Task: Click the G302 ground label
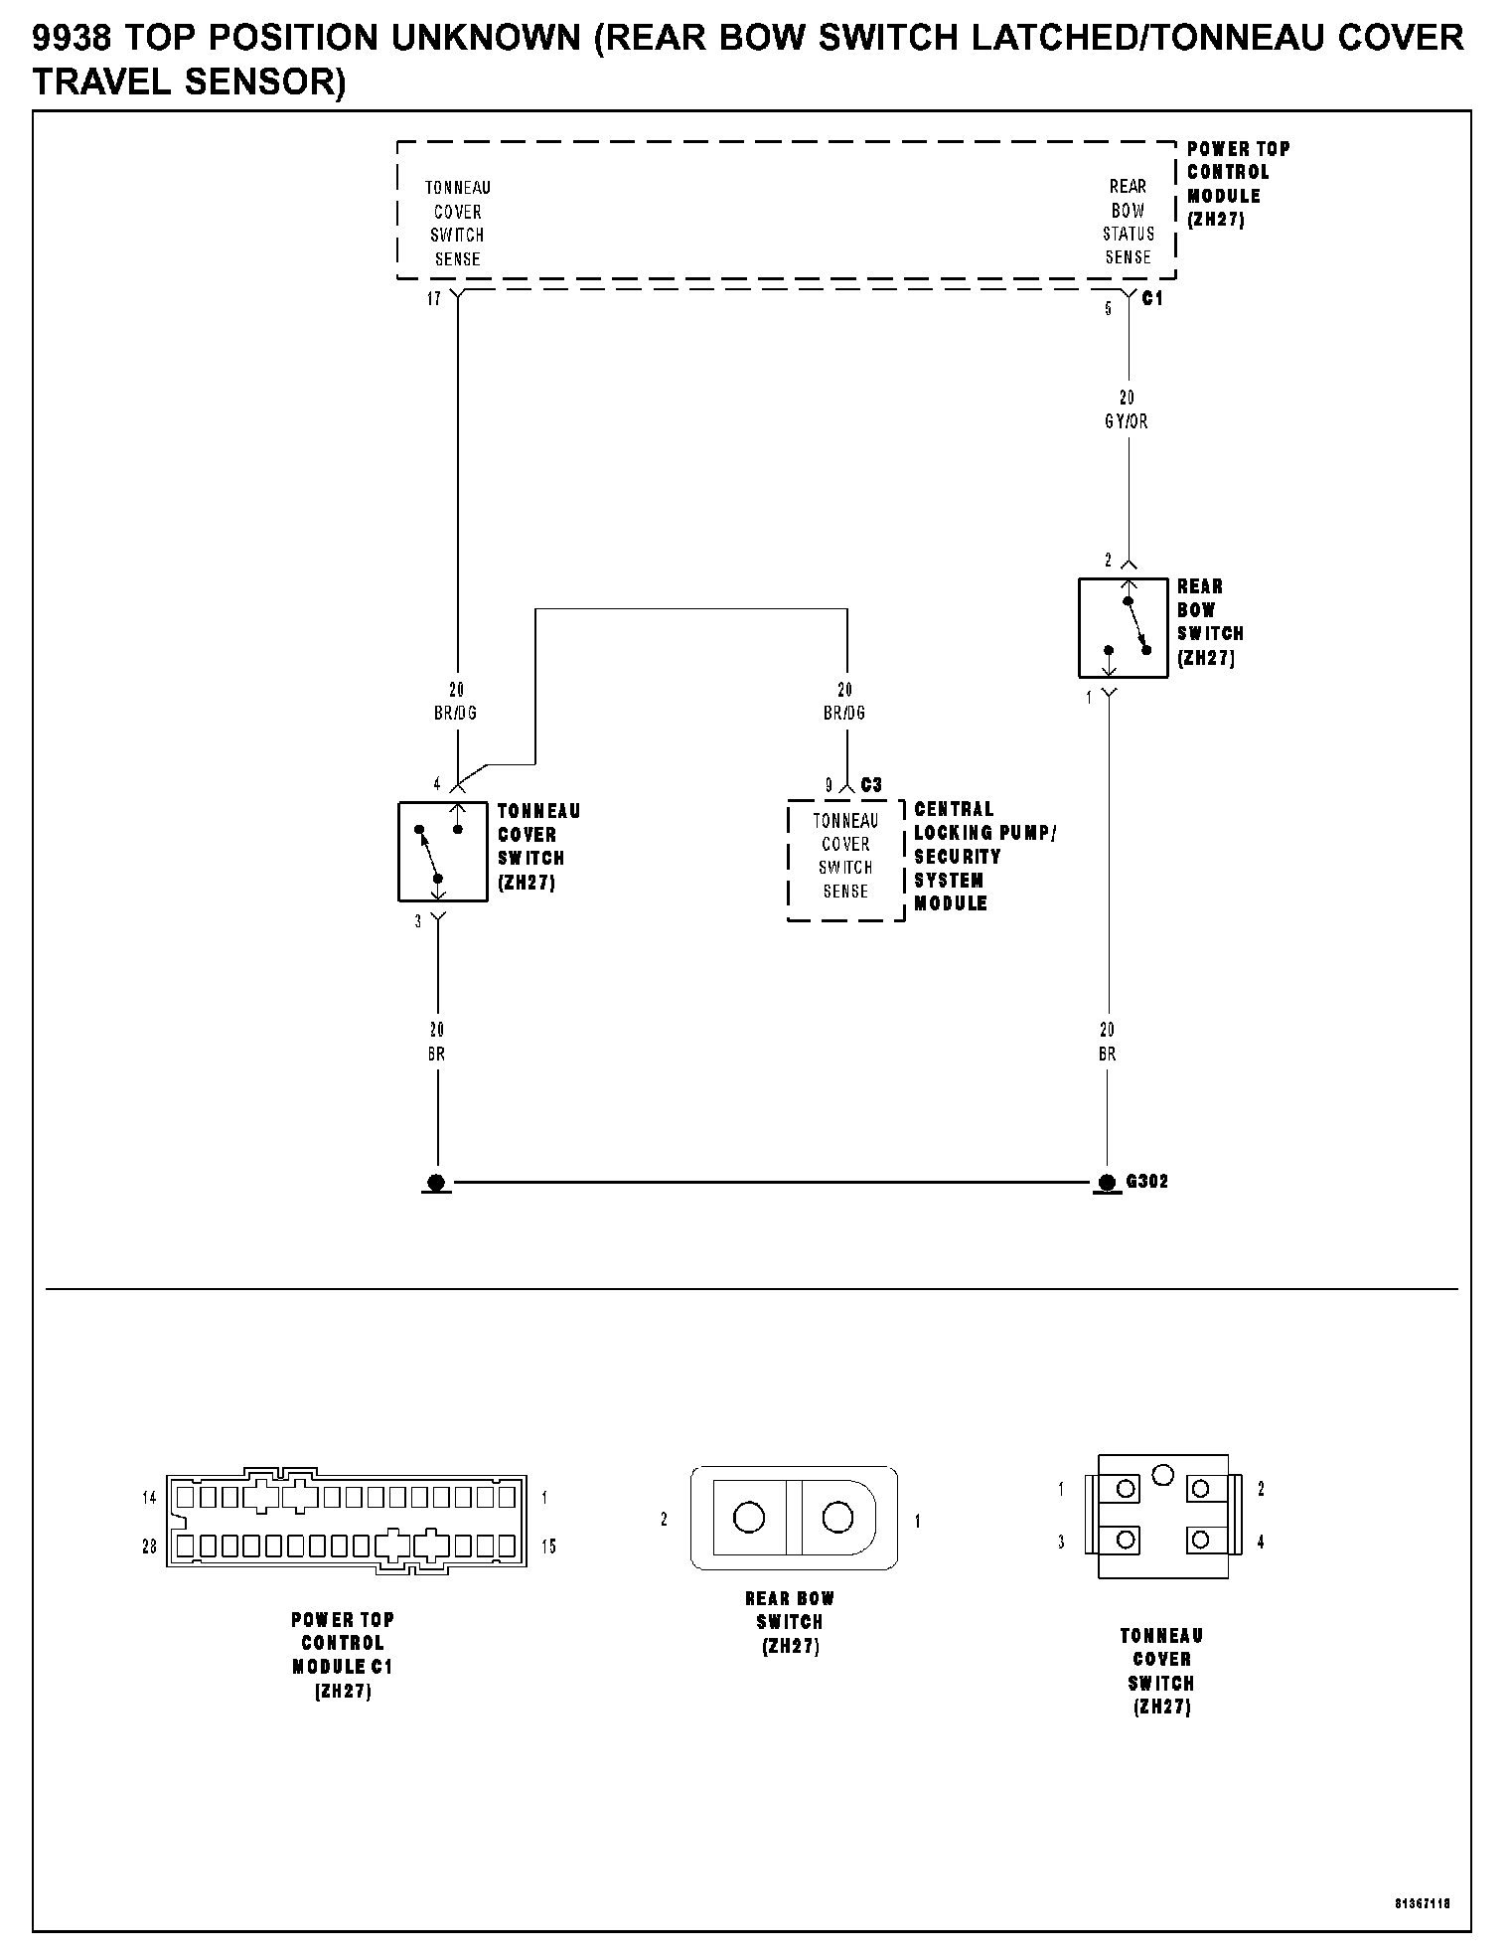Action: point(1146,1182)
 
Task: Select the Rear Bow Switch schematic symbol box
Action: point(1123,628)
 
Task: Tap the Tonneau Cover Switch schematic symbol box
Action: point(442,852)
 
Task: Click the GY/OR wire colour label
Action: point(1127,421)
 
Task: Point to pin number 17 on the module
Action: point(434,299)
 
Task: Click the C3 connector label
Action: point(871,785)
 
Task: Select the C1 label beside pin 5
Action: point(1152,298)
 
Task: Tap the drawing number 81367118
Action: point(1422,1903)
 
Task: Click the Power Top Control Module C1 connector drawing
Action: point(347,1522)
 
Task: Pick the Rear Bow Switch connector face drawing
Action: point(794,1518)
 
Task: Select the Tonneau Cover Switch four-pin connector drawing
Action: point(1162,1516)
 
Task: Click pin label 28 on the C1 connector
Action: point(150,1547)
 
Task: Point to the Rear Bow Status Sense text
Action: point(1128,222)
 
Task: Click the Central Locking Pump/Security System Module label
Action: point(983,856)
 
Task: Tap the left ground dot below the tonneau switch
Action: point(436,1183)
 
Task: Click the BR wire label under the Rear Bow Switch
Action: point(1108,1054)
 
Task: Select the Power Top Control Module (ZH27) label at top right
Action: point(1237,184)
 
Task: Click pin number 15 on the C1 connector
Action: point(548,1547)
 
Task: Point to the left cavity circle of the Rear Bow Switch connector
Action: point(749,1517)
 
